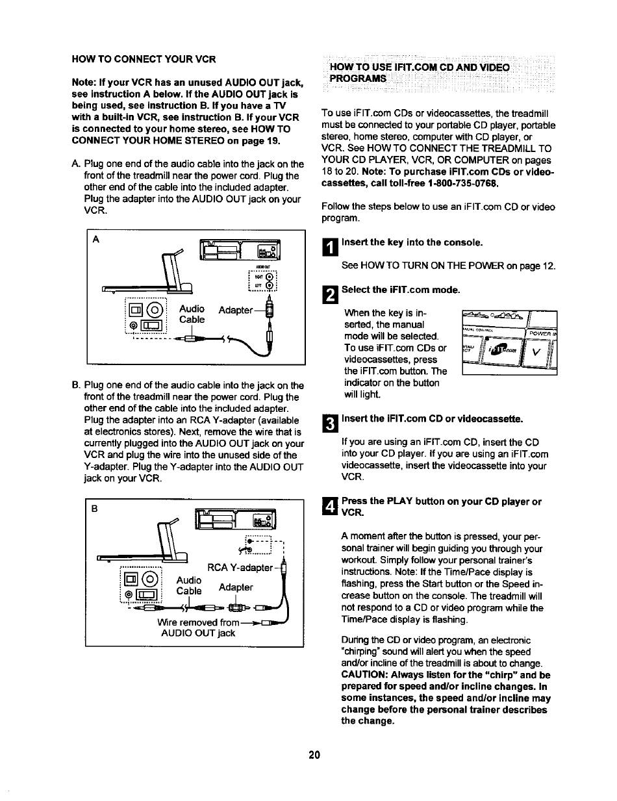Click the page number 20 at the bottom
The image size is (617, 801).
point(314,755)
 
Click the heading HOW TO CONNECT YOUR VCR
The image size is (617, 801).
point(143,59)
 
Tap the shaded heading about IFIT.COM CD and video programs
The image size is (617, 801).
point(419,73)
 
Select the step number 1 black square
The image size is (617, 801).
point(329,246)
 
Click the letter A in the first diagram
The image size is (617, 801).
point(96,238)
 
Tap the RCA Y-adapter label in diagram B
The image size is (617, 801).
point(237,568)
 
